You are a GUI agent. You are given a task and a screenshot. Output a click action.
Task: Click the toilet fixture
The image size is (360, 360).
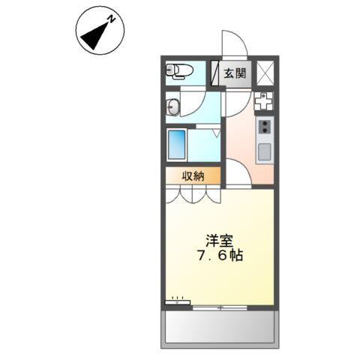(180, 72)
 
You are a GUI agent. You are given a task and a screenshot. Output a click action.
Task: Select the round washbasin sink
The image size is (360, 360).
(173, 106)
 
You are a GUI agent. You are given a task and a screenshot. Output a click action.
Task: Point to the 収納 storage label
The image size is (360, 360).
(193, 176)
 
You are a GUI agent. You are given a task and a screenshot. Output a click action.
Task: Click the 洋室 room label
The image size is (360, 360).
(220, 241)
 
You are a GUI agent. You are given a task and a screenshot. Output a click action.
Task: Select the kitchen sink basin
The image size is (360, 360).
(265, 152)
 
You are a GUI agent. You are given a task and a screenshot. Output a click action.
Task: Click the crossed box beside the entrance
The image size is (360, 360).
(265, 73)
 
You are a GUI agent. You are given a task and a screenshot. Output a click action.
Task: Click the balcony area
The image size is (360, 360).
(220, 327)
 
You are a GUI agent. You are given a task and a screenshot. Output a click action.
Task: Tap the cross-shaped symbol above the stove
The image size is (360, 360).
(263, 100)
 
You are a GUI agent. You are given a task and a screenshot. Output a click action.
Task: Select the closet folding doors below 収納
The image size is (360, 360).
(193, 194)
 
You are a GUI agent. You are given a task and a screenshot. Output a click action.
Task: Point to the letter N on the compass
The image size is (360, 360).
(109, 20)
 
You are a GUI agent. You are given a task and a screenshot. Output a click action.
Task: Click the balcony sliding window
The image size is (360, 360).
(219, 307)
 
